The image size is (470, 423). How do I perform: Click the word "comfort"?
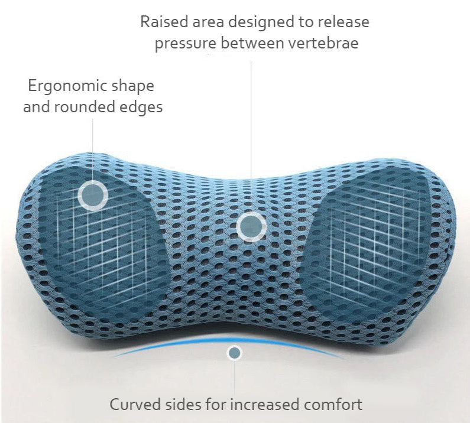click(x=333, y=405)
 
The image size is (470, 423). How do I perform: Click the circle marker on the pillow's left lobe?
click(x=93, y=196)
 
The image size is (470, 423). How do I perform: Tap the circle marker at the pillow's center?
click(x=251, y=226)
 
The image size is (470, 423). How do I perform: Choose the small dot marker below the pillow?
click(x=234, y=353)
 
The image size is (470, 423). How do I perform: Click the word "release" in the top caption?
click(x=343, y=22)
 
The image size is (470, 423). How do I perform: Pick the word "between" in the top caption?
click(x=252, y=43)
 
